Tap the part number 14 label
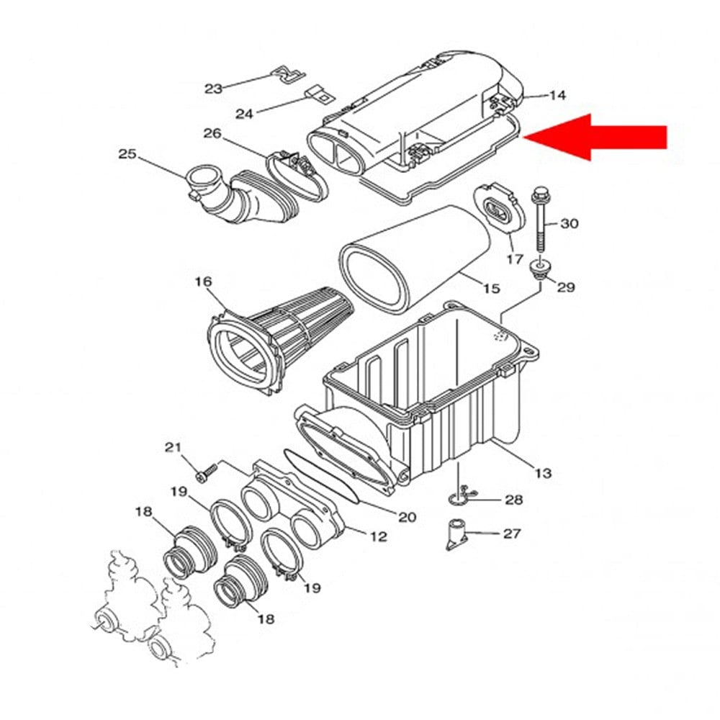557,95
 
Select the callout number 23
213,89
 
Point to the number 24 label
245,114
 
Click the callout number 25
127,153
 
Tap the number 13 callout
544,472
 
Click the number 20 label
408,516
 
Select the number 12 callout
378,536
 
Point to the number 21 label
173,448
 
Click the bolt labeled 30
540,220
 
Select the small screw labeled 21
206,472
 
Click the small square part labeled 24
316,94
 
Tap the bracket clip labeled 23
289,73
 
